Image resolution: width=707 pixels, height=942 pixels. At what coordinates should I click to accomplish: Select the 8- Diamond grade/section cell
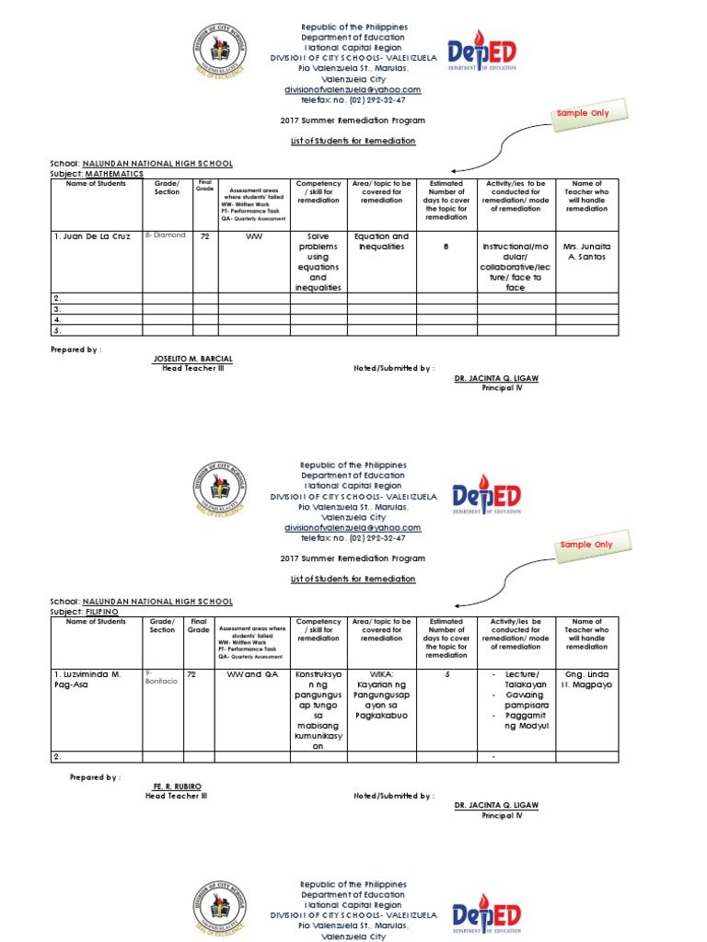pos(166,235)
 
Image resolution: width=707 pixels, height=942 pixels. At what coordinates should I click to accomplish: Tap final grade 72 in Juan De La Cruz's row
pos(205,236)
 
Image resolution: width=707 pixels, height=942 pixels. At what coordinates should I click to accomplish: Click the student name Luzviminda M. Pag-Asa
pos(87,680)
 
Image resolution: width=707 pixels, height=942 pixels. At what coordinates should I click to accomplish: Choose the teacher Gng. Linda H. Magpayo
pos(587,680)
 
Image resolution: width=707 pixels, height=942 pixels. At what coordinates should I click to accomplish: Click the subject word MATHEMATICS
pos(115,173)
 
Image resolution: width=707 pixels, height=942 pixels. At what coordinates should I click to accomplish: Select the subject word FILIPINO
pos(103,611)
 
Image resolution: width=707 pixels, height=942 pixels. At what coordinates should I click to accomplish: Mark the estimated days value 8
pos(446,247)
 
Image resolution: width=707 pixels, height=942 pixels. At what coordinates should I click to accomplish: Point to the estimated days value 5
pos(446,674)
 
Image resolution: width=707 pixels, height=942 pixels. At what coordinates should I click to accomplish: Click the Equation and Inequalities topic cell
pos(381,241)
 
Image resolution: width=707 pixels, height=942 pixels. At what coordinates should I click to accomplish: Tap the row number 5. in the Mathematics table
pos(57,329)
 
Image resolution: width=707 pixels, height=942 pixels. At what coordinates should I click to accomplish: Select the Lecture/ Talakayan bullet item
pos(522,679)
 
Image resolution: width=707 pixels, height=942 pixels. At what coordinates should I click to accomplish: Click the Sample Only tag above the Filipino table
pos(585,545)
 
